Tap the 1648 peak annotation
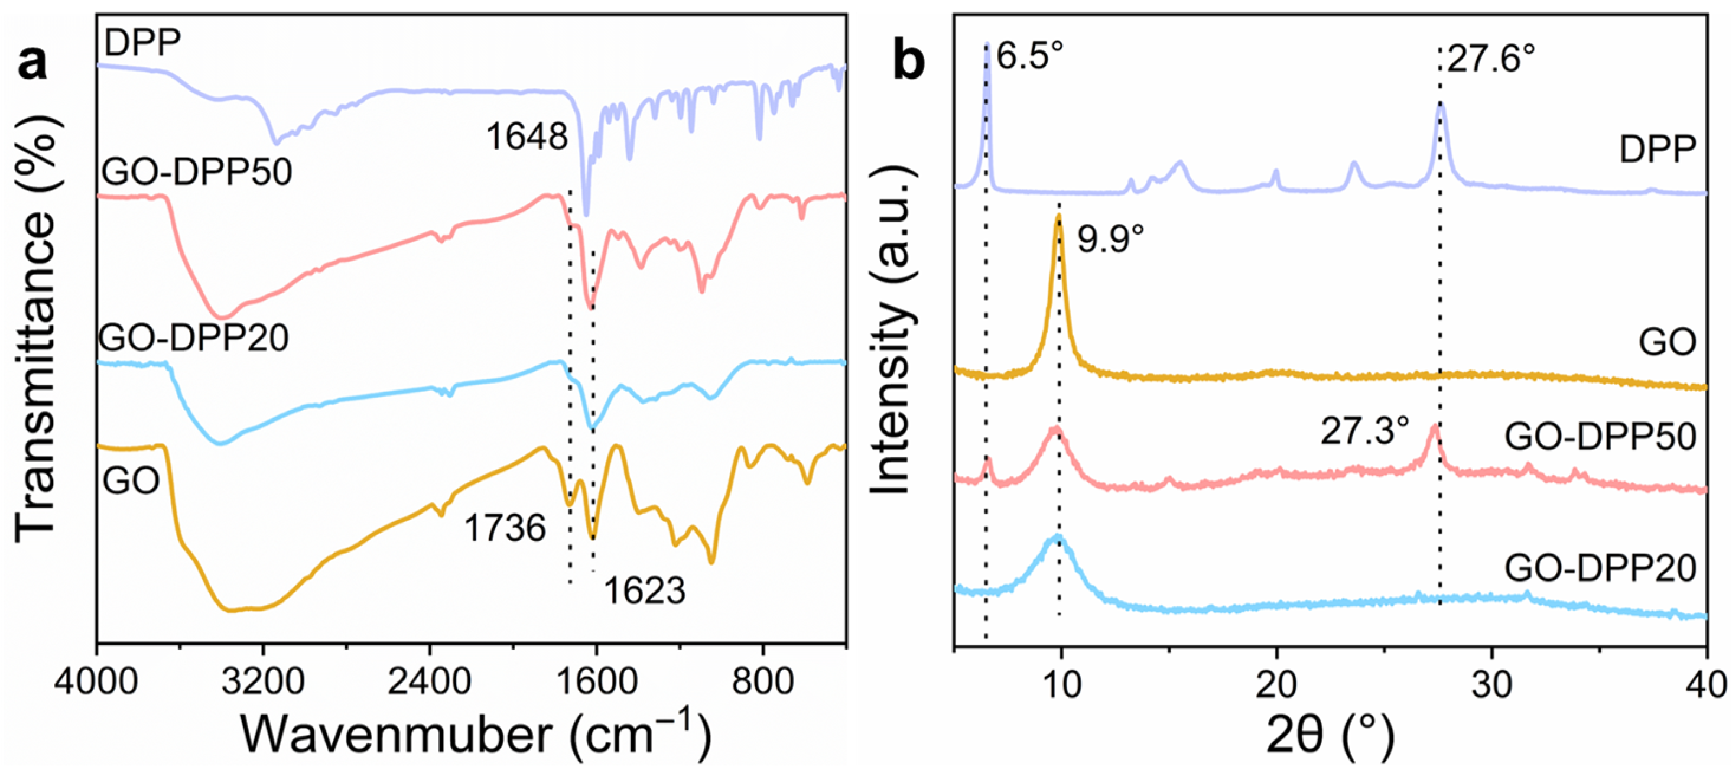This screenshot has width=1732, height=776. click(527, 137)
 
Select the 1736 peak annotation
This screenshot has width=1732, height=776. click(504, 528)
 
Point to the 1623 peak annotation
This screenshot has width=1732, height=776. click(644, 591)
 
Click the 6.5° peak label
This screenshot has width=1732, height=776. click(1030, 56)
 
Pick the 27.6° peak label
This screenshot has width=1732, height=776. click(1491, 60)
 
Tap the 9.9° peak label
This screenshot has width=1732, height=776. click(1111, 238)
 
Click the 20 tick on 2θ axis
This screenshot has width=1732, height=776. click(1276, 685)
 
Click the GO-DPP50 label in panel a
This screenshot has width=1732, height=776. click(196, 172)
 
